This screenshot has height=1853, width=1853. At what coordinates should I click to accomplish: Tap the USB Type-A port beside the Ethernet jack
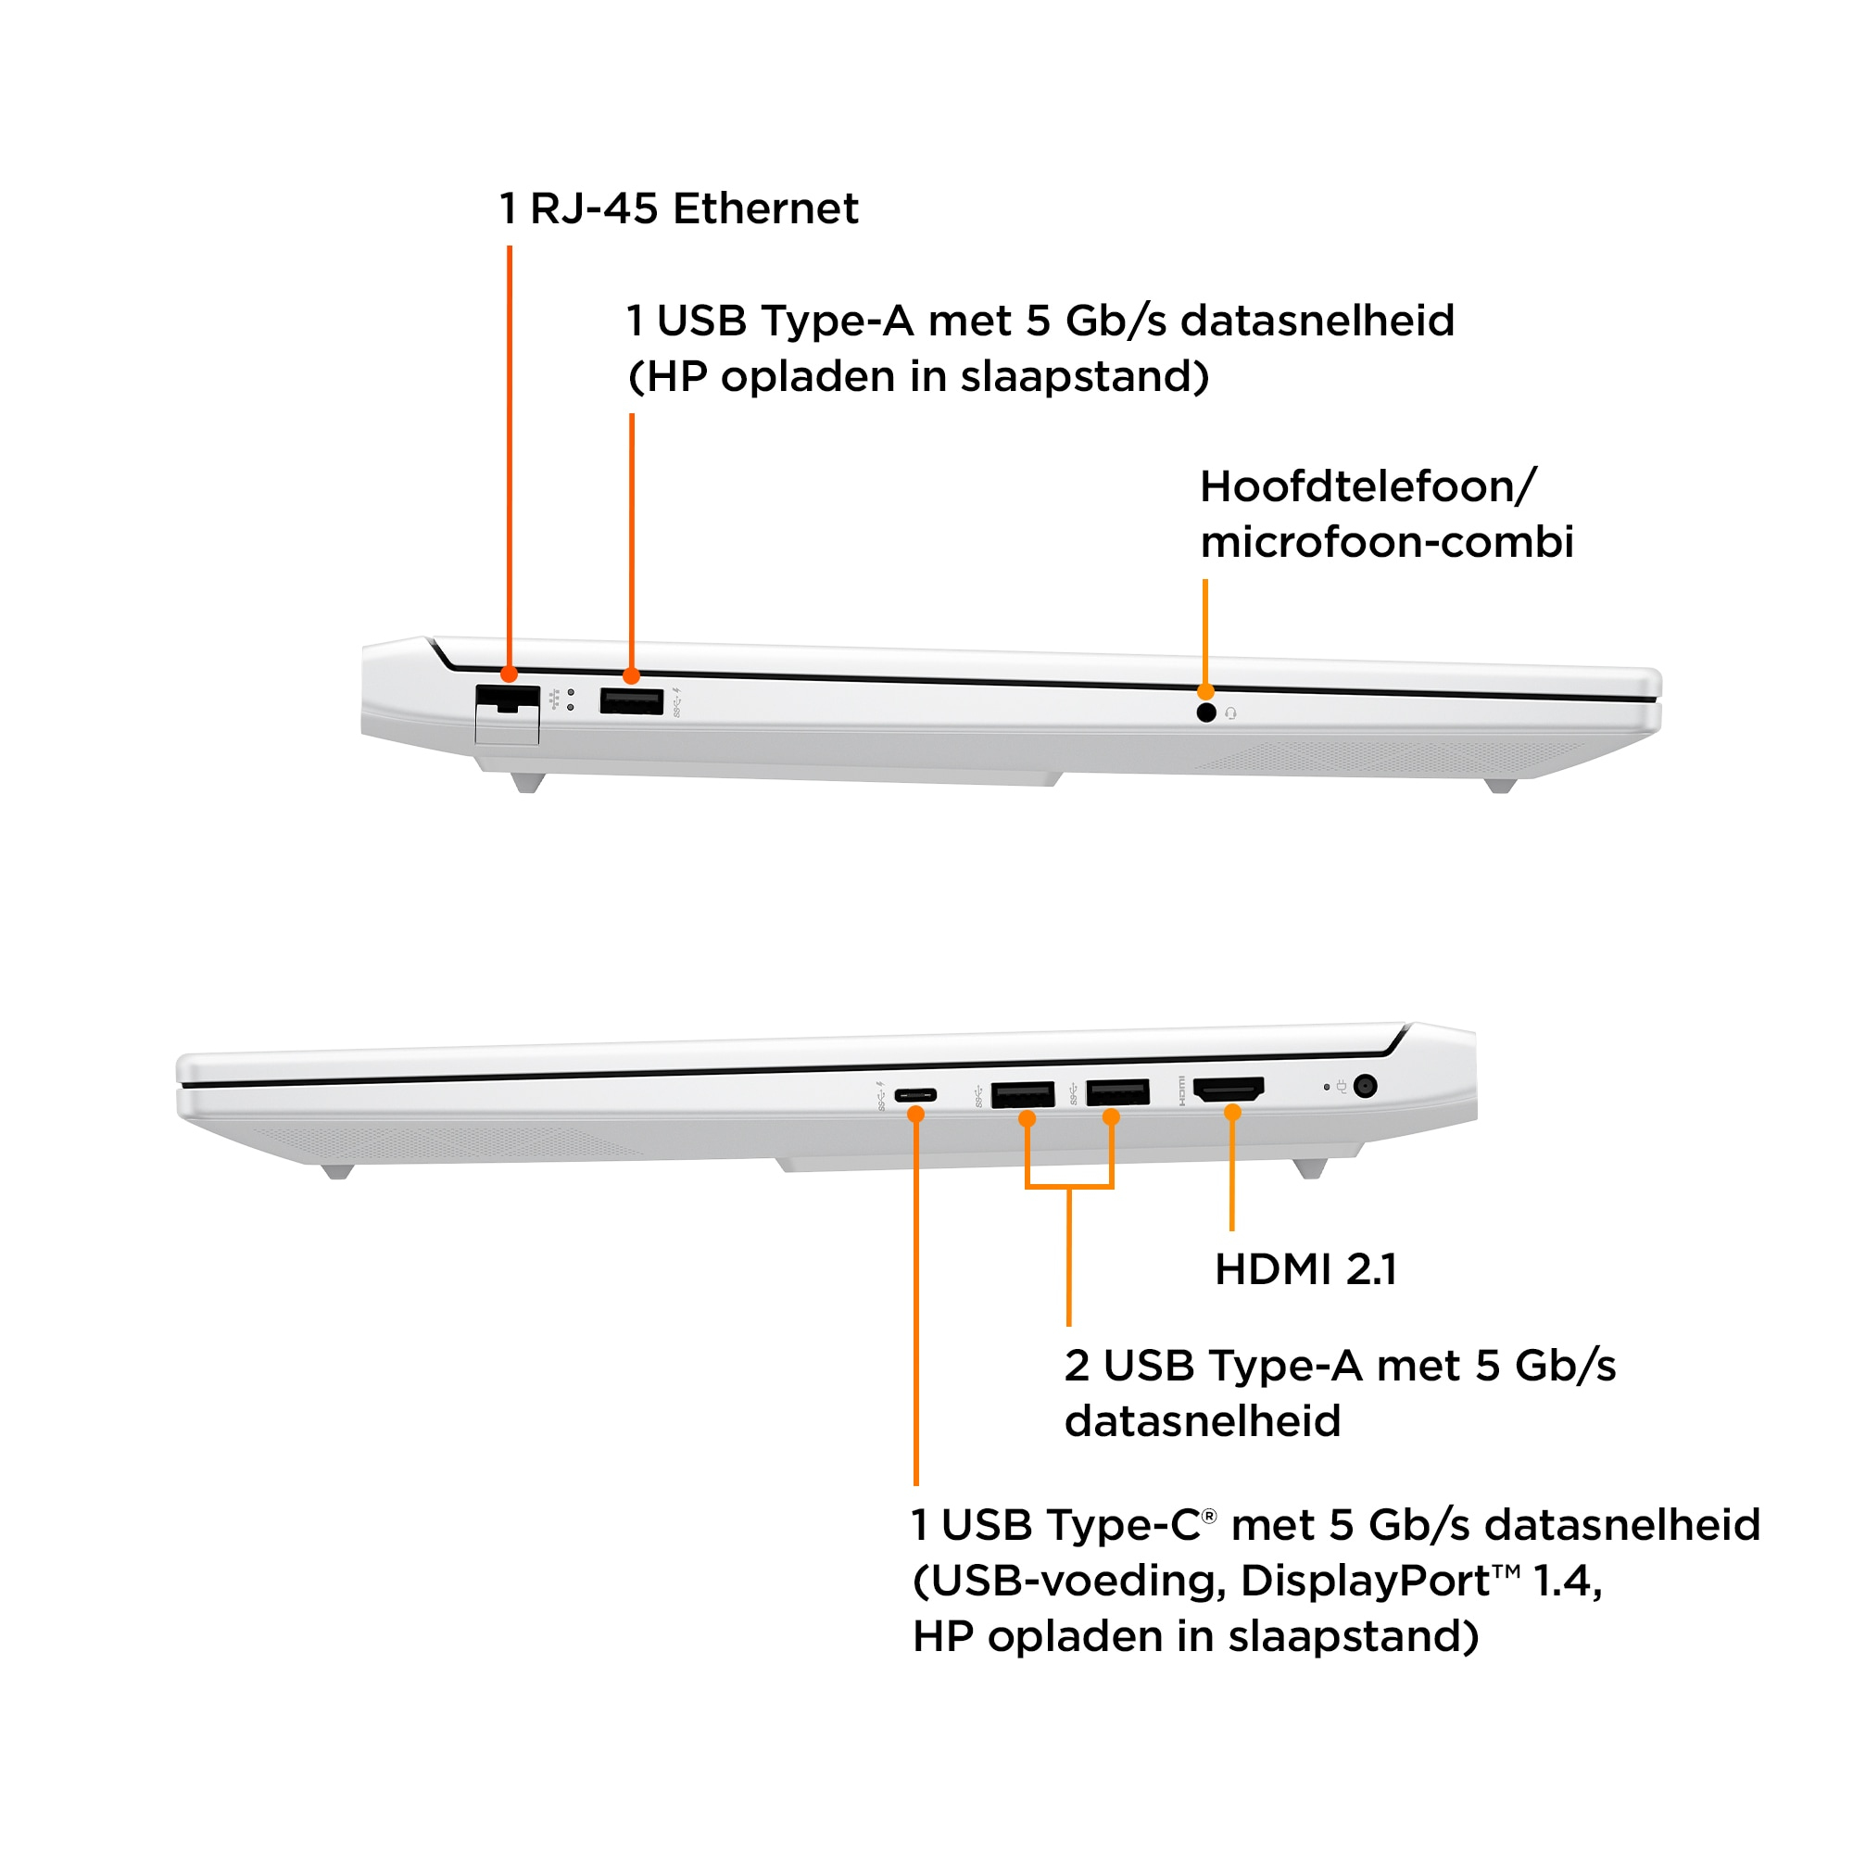pyautogui.click(x=631, y=702)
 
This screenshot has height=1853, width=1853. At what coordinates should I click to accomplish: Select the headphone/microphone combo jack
pyautogui.click(x=1206, y=712)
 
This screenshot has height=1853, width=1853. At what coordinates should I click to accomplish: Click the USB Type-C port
pyautogui.click(x=916, y=1095)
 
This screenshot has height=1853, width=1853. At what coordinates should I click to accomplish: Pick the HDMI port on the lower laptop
pyautogui.click(x=1229, y=1089)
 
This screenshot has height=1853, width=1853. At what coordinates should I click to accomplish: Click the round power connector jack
pyautogui.click(x=1366, y=1086)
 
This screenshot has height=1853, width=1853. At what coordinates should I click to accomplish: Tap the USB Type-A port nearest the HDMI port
pyautogui.click(x=1117, y=1092)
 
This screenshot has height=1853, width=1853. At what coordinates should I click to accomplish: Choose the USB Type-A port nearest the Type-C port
pyautogui.click(x=1023, y=1093)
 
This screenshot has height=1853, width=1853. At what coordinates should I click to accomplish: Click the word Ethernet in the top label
pyautogui.click(x=765, y=209)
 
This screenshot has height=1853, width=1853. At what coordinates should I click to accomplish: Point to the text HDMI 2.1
pyautogui.click(x=1305, y=1270)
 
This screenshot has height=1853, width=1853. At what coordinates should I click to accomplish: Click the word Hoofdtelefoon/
pyautogui.click(x=1368, y=487)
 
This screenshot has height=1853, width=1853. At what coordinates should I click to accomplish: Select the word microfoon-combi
pyautogui.click(x=1387, y=542)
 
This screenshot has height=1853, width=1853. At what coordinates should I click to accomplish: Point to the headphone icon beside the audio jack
pyautogui.click(x=1230, y=713)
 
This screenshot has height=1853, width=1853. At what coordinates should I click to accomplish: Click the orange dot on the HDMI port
pyautogui.click(x=1232, y=1113)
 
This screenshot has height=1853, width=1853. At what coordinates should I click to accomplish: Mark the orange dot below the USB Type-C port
pyautogui.click(x=916, y=1115)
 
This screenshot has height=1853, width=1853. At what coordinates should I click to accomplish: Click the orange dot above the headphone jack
pyautogui.click(x=1205, y=691)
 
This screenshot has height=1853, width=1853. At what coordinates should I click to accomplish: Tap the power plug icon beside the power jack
pyautogui.click(x=1342, y=1087)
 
